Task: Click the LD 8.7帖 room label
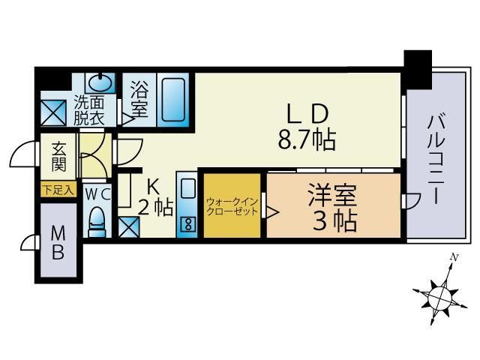pos(306,127)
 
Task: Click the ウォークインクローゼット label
pos(232,206)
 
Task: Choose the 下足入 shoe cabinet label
pos(58,190)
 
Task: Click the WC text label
pos(98,192)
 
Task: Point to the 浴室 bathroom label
pos(139,100)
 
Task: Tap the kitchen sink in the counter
pos(187,188)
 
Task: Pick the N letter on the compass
pos(453,258)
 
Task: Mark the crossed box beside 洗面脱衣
pos(55,113)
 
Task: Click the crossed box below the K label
pos(127,224)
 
